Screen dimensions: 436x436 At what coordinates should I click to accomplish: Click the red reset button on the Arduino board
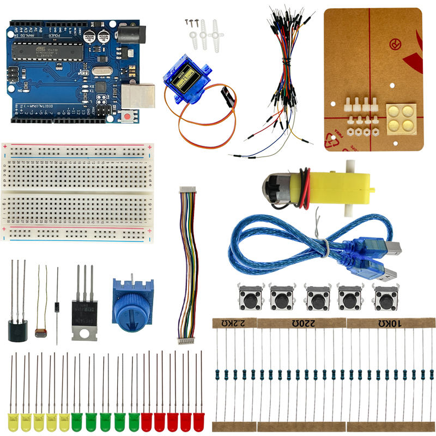click(127, 116)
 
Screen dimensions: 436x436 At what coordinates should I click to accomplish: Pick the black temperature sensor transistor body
click(17, 330)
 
